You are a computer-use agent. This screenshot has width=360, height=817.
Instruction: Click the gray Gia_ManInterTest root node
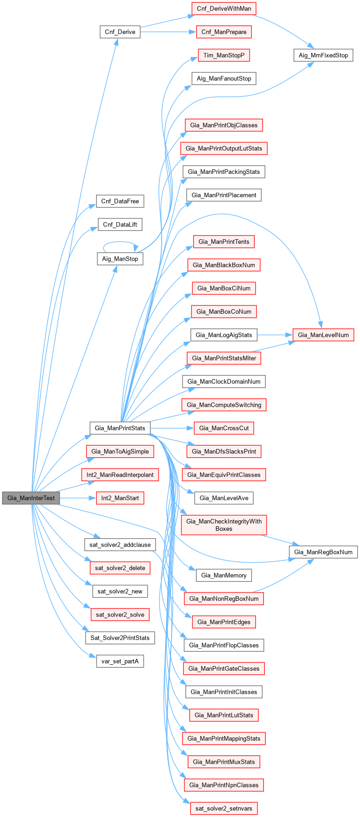tap(31, 498)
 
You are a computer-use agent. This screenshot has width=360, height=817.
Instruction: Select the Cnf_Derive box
tap(120, 32)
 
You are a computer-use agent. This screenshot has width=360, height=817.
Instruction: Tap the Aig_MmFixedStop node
tap(323, 55)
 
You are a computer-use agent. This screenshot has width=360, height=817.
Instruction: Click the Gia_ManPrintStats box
tap(120, 428)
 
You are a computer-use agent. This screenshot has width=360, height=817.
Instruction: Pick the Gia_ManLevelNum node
tap(323, 335)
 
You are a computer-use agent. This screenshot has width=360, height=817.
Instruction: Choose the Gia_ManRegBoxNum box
tap(323, 552)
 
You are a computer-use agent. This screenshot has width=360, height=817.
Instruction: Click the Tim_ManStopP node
tap(224, 55)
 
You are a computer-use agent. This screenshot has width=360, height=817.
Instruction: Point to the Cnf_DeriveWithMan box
tap(224, 8)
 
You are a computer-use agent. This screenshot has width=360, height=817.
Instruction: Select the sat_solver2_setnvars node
tap(224, 808)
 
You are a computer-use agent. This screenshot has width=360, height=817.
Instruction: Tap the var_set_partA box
tap(120, 662)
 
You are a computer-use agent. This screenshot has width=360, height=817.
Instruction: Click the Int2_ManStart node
tap(120, 498)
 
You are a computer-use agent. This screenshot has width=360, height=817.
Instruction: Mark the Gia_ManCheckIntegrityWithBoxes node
tap(224, 525)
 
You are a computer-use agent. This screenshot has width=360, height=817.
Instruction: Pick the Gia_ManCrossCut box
tap(224, 428)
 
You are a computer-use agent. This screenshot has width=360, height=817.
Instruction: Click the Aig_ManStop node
tap(120, 259)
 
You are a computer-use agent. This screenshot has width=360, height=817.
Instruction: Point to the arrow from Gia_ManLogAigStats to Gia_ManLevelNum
tap(274, 335)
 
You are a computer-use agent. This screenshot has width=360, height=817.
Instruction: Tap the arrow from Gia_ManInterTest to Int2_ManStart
tap(77, 498)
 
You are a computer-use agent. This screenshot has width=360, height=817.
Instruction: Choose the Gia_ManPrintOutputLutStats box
tap(224, 148)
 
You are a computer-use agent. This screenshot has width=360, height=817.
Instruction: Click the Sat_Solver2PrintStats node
tap(120, 638)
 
